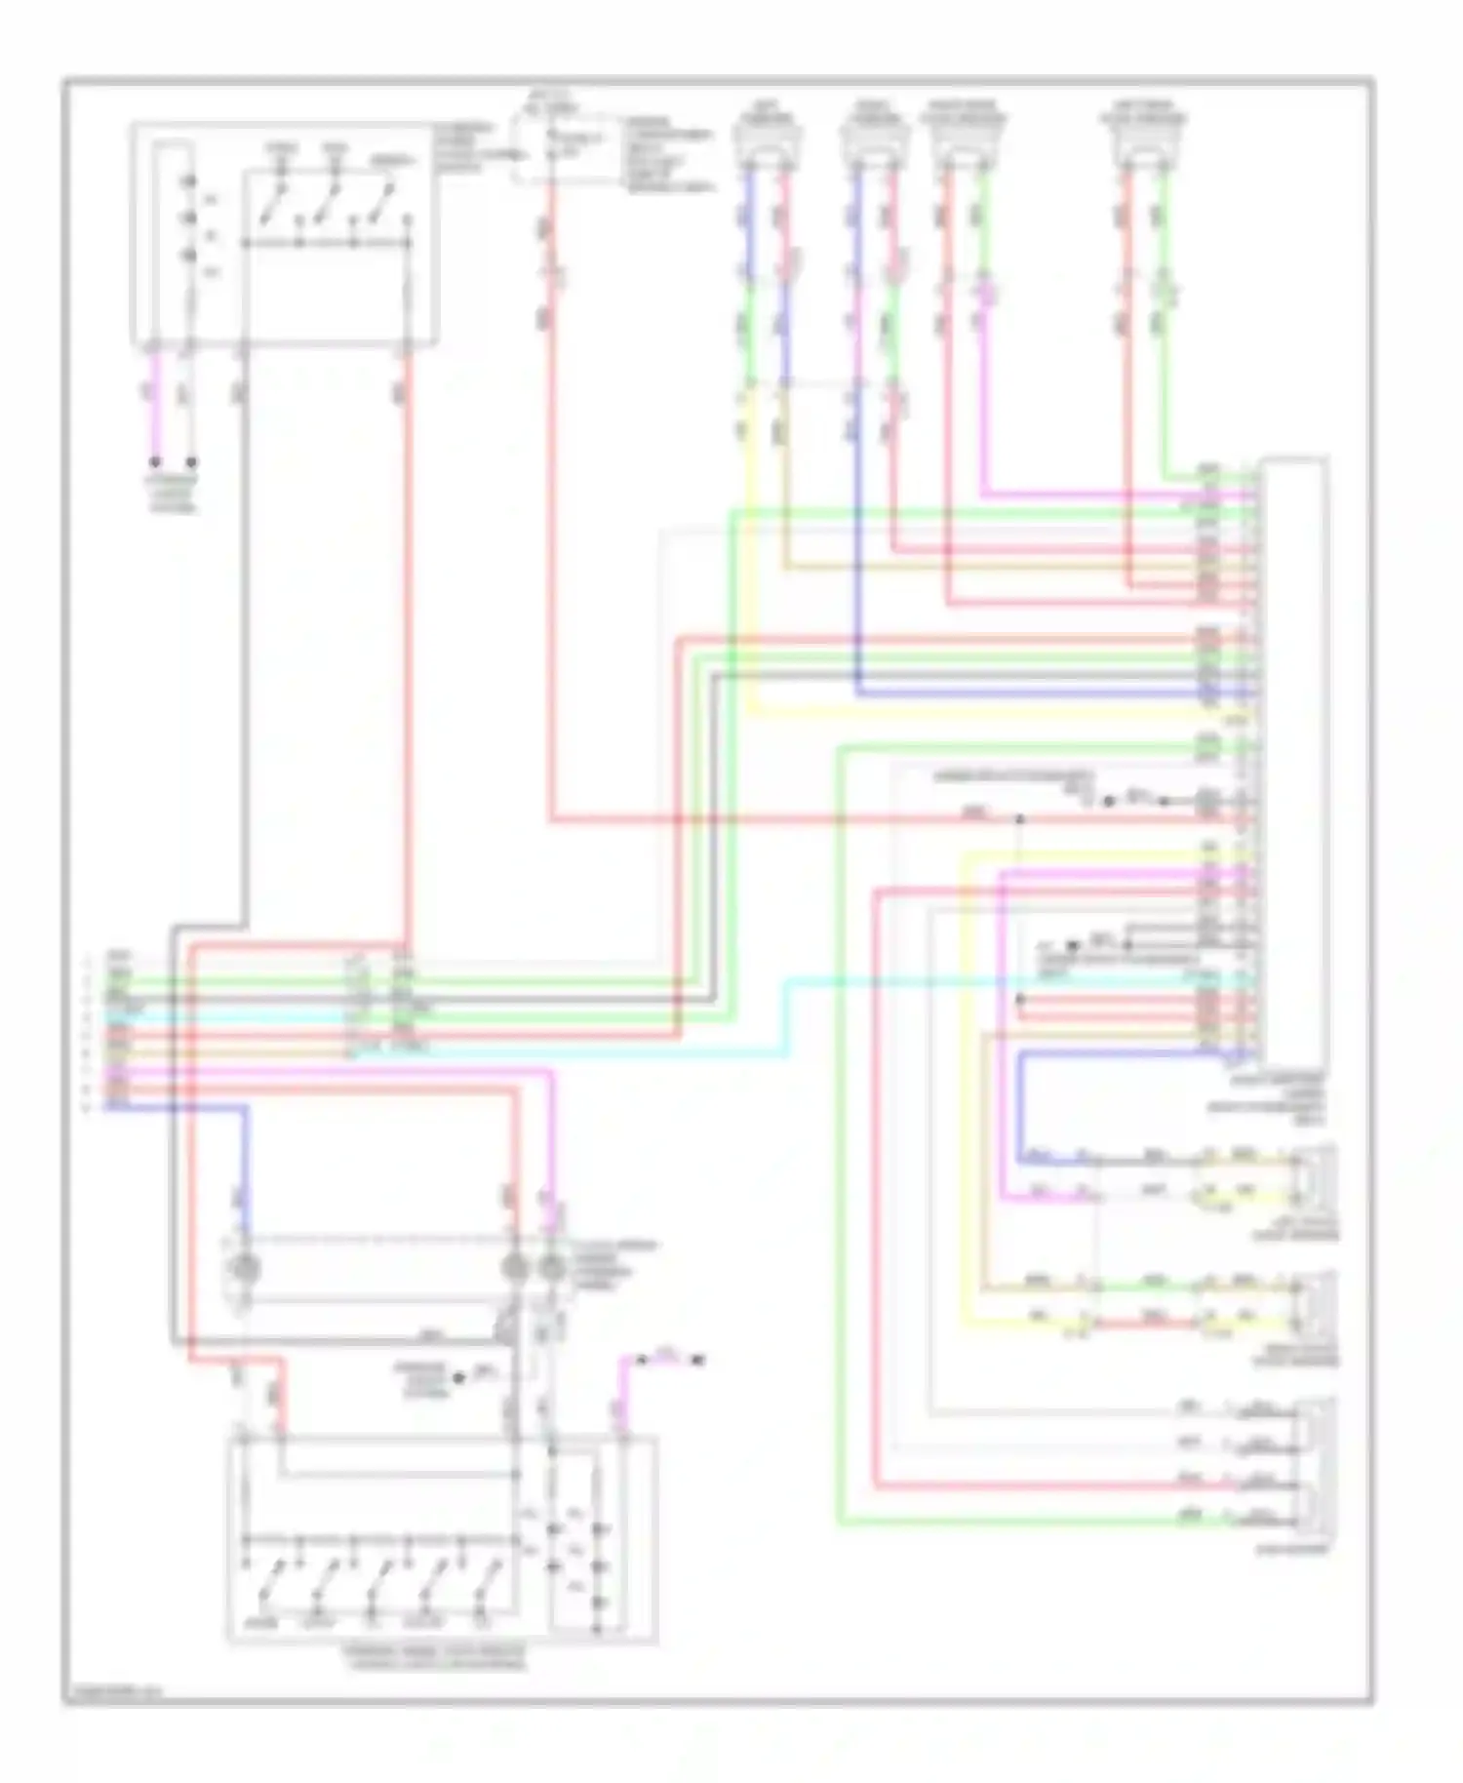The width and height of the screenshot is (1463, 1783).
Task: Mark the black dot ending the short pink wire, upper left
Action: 155,462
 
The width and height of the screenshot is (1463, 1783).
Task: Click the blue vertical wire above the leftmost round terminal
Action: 243,1170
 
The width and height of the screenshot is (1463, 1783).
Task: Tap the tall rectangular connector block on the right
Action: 1293,761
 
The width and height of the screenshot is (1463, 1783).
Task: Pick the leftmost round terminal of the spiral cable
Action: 243,1267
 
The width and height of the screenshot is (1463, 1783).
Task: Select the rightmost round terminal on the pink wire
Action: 552,1267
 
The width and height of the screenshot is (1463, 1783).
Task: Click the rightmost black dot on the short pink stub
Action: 699,1359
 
